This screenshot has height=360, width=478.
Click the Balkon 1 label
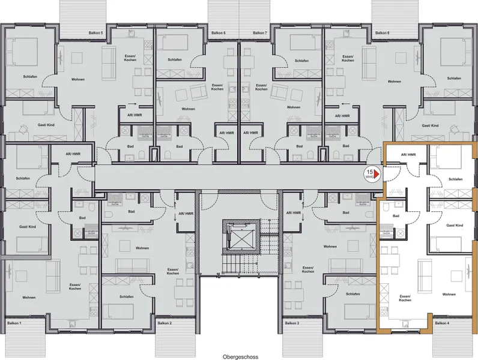[13, 323]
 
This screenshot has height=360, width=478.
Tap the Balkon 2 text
[165, 323]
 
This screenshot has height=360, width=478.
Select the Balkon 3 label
[289, 323]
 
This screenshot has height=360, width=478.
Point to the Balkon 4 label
[442, 323]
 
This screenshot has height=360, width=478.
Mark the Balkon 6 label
[218, 33]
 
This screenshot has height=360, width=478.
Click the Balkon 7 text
[259, 33]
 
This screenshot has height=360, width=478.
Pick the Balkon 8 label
[382, 33]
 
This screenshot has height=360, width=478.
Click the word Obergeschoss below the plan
[239, 356]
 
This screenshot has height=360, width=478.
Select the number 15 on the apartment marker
[369, 170]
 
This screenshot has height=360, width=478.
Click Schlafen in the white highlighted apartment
[455, 179]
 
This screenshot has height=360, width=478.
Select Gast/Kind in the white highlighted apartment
[455, 225]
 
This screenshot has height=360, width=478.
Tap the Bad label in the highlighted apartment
[396, 215]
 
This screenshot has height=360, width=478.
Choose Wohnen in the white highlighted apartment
[449, 294]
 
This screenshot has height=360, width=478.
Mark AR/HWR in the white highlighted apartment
[408, 154]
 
